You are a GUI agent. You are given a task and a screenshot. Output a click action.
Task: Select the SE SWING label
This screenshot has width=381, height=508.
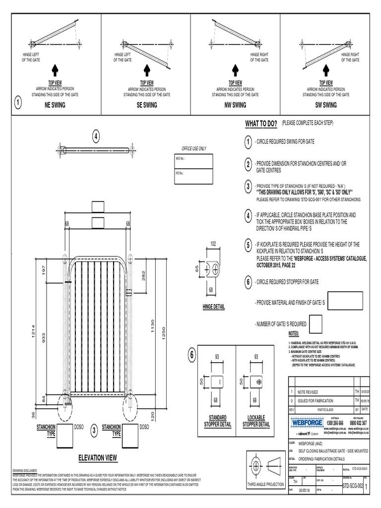[147, 105]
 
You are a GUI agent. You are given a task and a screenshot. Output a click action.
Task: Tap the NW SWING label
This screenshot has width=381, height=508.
[235, 105]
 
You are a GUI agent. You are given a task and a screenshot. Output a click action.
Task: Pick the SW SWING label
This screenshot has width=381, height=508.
[326, 105]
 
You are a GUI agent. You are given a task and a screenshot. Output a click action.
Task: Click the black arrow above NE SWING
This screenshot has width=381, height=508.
[56, 69]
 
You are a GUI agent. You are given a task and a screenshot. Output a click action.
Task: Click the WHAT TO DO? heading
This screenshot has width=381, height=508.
[260, 124]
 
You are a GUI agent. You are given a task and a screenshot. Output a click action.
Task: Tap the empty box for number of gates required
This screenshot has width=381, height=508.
[316, 323]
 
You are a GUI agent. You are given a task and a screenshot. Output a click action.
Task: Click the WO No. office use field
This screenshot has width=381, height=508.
[193, 161]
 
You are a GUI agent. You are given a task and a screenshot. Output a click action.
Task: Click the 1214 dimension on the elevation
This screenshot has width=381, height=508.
[34, 337]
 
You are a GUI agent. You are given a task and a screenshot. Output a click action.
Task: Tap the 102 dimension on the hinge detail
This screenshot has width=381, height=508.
[214, 244]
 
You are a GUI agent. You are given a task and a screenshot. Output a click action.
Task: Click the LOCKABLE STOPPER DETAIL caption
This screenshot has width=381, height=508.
[256, 421]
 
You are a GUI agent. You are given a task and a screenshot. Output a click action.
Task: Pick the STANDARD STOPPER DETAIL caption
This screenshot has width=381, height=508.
[217, 421]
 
